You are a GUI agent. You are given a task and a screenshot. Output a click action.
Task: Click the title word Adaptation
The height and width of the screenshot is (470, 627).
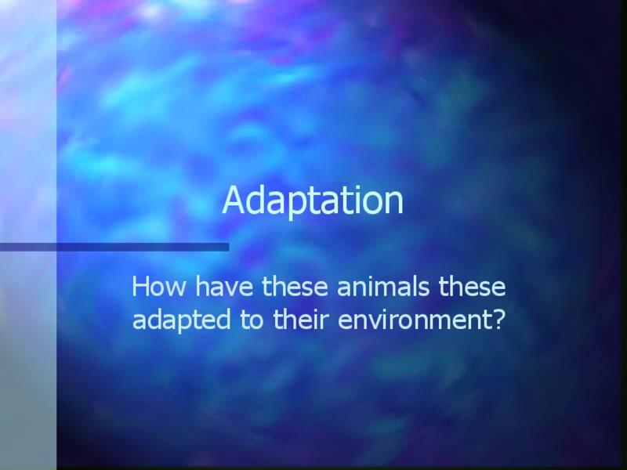click(313, 201)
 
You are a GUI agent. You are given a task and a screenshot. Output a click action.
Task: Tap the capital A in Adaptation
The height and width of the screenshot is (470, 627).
click(234, 201)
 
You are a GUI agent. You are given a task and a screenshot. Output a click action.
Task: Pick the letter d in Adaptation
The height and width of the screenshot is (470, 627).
click(255, 201)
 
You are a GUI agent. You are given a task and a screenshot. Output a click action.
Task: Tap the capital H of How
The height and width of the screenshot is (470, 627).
click(142, 287)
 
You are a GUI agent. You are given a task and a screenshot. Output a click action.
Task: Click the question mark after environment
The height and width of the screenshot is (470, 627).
click(496, 320)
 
